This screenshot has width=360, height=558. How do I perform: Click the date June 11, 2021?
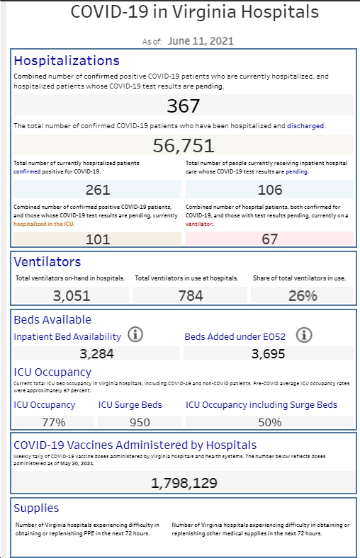click(x=201, y=41)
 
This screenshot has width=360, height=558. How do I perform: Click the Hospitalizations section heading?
click(x=67, y=60)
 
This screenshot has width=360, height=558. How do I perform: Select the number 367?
click(x=184, y=106)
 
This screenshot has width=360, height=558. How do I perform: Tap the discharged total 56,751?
click(x=184, y=145)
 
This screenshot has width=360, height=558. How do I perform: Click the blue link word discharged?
click(x=305, y=125)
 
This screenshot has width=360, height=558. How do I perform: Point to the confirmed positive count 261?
click(x=98, y=189)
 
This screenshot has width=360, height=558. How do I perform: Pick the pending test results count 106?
click(x=270, y=189)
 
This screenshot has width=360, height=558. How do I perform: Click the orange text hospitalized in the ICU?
click(x=44, y=224)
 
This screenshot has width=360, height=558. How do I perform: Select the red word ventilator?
click(x=198, y=224)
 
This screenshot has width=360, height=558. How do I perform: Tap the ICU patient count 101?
click(x=98, y=239)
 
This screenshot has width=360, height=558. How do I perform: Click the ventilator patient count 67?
click(x=269, y=239)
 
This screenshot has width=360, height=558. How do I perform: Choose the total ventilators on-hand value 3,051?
click(x=71, y=296)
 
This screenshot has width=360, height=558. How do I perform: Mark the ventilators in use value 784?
click(x=191, y=296)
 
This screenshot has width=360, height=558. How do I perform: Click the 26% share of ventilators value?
click(x=303, y=296)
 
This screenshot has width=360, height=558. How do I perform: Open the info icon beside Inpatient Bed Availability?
click(x=135, y=335)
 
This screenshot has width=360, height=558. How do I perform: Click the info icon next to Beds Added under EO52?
click(x=304, y=335)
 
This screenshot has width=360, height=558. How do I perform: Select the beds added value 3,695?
click(x=268, y=354)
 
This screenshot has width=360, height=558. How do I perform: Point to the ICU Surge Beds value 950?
click(x=140, y=422)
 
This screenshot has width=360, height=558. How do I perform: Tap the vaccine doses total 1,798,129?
click(x=184, y=483)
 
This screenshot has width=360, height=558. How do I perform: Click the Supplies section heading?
click(x=36, y=508)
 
